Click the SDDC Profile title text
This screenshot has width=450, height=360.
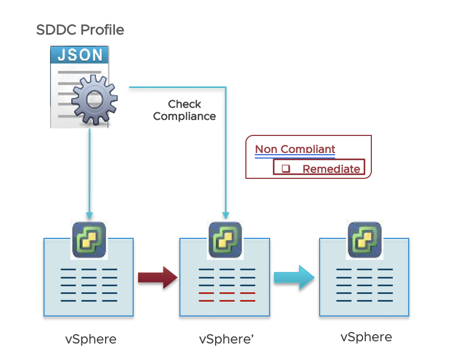(80, 30)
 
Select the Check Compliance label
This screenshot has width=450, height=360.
(184, 110)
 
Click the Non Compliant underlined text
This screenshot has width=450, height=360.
(295, 149)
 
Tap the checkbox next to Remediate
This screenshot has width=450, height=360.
(286, 169)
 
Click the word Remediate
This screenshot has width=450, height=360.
(331, 169)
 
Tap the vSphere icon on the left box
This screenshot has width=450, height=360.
(89, 240)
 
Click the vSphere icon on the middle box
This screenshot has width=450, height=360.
(224, 240)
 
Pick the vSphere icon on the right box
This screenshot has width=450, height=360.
(364, 240)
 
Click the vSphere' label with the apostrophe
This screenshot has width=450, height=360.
(226, 339)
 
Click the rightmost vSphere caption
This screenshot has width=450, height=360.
(366, 337)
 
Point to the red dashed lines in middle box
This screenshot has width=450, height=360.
(227, 297)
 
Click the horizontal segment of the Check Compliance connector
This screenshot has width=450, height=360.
(176, 87)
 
